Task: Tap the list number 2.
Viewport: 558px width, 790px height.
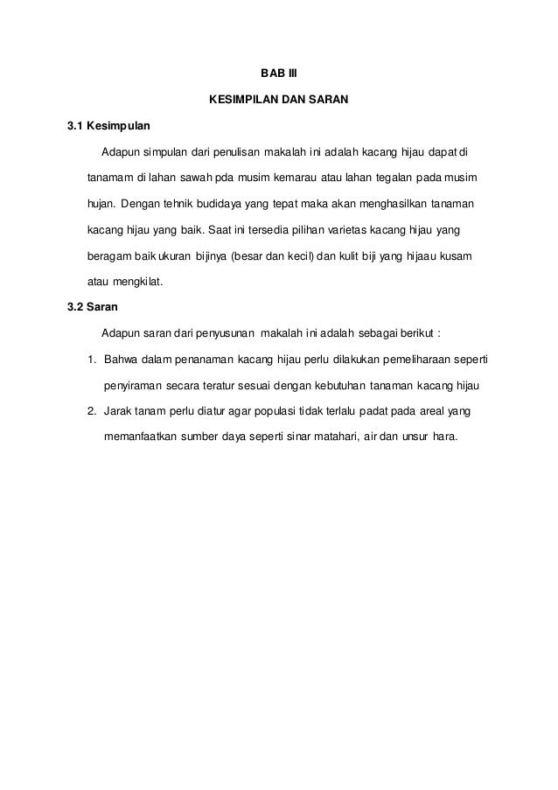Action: coord(91,410)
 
